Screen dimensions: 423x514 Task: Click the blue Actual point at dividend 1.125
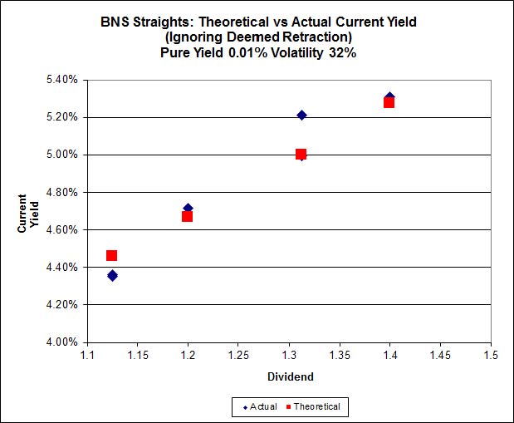[x=112, y=275]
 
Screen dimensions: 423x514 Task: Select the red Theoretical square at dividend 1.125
[x=112, y=255]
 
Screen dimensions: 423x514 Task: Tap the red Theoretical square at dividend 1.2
[x=188, y=216]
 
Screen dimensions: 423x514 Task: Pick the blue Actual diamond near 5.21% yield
[x=301, y=115]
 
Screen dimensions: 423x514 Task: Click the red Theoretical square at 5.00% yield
[x=301, y=154]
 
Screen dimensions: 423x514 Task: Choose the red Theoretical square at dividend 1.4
[x=389, y=102]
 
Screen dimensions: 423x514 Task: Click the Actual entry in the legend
[x=258, y=406]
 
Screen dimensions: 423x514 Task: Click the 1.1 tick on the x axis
[x=87, y=356]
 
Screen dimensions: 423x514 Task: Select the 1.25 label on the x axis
[x=238, y=356]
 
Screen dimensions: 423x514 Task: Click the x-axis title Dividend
[x=291, y=376]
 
